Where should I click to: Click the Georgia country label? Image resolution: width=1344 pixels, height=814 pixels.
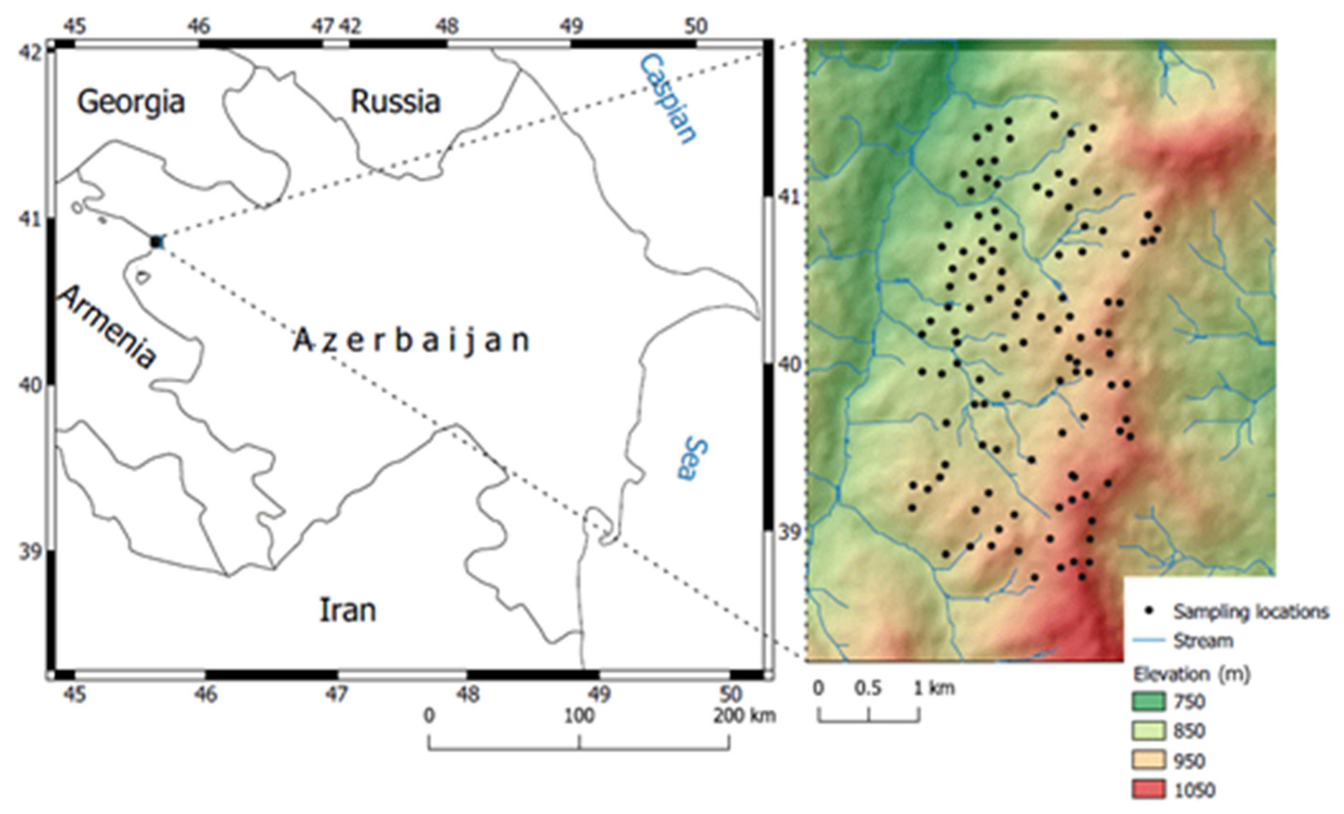coord(131,102)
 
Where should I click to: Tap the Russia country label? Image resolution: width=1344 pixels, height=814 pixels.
coord(395,102)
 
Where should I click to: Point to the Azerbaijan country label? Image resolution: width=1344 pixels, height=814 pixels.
coord(412,341)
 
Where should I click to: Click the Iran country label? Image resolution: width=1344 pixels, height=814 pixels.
coord(347,610)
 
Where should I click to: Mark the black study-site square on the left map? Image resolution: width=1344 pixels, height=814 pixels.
coord(157,242)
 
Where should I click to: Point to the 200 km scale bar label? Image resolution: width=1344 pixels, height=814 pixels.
coord(744,715)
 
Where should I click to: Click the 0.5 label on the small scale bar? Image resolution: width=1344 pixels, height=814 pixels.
coord(868,688)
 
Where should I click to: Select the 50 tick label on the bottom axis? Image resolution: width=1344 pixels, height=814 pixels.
coord(731,694)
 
